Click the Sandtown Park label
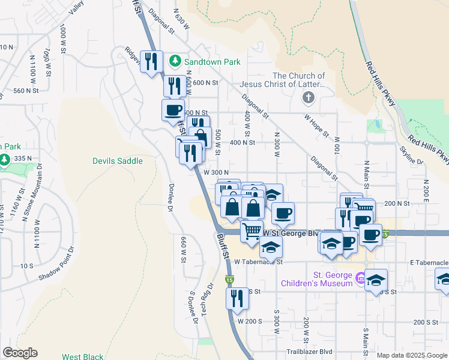tap(212, 62)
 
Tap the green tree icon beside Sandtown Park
tap(175, 61)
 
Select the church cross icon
tap(308, 98)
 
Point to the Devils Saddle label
tap(118, 161)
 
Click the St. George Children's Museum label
tap(316, 278)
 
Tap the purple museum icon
tap(360, 277)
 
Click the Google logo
tap(20, 353)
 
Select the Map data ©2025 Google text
tap(412, 355)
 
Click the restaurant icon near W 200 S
tap(237, 297)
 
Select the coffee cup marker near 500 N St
tap(173, 110)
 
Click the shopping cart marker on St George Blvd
tap(252, 230)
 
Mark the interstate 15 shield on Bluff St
tap(229, 280)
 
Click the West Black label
tap(83, 357)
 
